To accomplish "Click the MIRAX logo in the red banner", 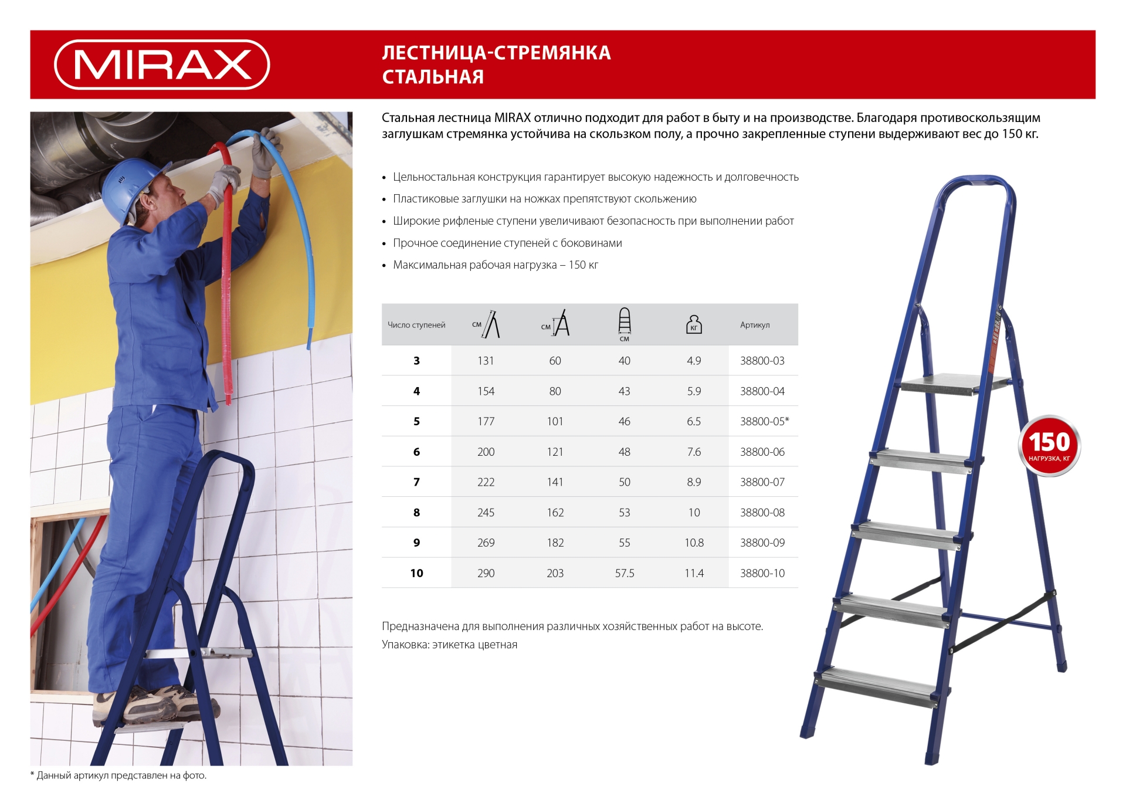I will (x=162, y=65).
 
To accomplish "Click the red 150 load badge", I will (x=1049, y=446).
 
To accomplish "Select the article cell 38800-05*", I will (x=764, y=421).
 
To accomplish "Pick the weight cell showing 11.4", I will (x=694, y=573).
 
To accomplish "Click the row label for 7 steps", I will (x=416, y=482).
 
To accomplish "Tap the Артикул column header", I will (x=755, y=325).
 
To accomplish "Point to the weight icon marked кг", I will (x=694, y=324).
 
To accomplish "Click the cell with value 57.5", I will (x=625, y=573).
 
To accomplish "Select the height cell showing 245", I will (x=486, y=513).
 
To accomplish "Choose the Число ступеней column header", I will (x=416, y=325).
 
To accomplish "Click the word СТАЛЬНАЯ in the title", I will (x=433, y=77).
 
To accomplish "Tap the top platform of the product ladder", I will (x=953, y=384).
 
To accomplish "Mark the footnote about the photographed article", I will (x=118, y=775).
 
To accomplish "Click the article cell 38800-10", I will (x=762, y=573).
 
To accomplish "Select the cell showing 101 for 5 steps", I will (x=555, y=421).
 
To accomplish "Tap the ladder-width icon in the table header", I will (x=625, y=323).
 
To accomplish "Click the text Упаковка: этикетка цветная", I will (x=449, y=645).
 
